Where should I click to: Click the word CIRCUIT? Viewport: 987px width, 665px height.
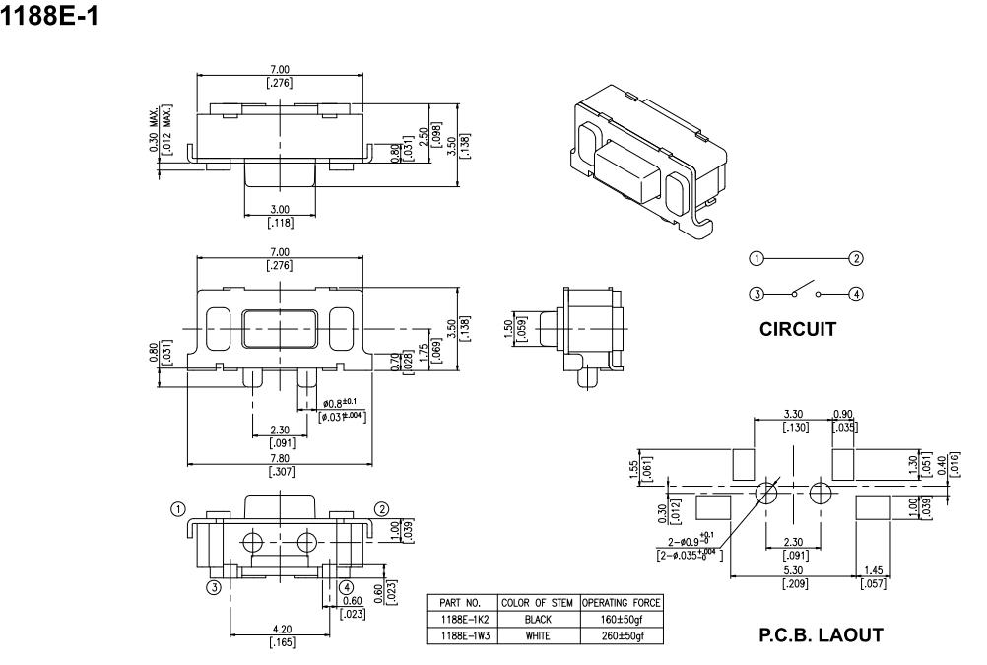[x=799, y=330]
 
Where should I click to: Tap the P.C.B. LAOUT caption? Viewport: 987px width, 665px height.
[x=821, y=636]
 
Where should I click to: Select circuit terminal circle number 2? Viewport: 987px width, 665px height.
[x=856, y=258]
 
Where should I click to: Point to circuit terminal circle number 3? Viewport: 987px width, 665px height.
[x=756, y=293]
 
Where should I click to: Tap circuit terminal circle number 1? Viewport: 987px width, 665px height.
[x=756, y=258]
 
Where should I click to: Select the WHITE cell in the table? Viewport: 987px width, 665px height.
[x=538, y=636]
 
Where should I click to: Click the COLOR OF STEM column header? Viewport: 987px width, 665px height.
[x=538, y=603]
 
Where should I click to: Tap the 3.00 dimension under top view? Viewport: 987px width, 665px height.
[x=280, y=209]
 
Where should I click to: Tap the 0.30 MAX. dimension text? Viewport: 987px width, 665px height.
[x=157, y=125]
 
